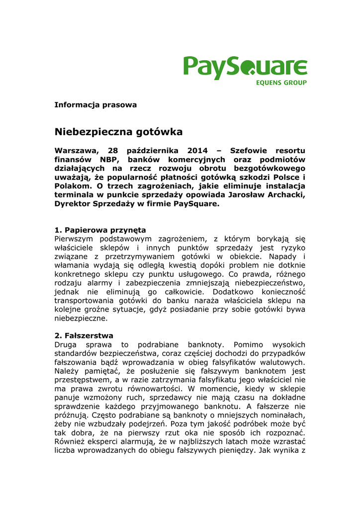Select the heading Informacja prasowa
(x=95, y=105)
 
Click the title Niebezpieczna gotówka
(x=118, y=132)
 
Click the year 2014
(x=198, y=151)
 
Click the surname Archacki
(x=284, y=195)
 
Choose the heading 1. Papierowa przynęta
(x=100, y=230)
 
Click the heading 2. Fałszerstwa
(x=84, y=336)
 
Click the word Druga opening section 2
(x=66, y=344)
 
